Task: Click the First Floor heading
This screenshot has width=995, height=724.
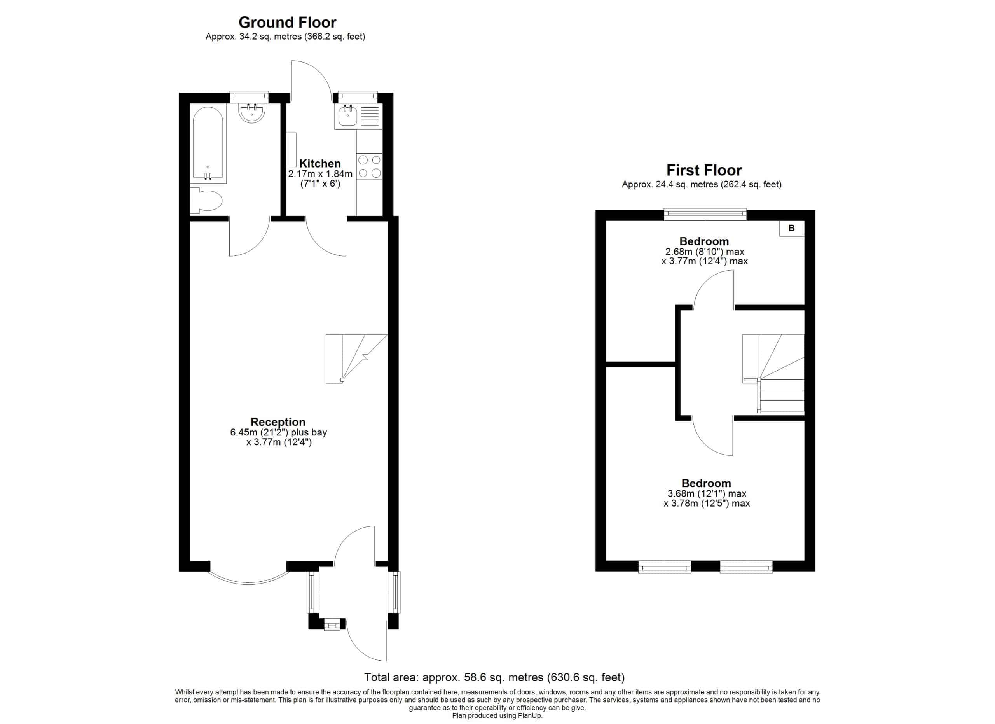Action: (x=704, y=170)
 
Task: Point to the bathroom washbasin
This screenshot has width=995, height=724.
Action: (x=252, y=112)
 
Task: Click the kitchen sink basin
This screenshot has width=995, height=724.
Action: (x=348, y=115)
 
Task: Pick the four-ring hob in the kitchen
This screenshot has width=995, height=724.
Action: (x=369, y=167)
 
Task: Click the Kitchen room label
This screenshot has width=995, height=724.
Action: (x=320, y=163)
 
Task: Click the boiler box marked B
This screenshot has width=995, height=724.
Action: (x=791, y=228)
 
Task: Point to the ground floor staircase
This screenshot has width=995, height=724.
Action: (x=357, y=359)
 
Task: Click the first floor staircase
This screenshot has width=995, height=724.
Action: (x=773, y=373)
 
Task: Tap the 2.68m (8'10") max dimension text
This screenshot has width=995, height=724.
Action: (x=705, y=252)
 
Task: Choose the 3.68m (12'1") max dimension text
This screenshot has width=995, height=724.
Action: (x=706, y=494)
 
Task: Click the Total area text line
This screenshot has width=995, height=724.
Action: (x=494, y=677)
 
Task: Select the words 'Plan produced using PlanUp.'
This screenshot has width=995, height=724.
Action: (x=497, y=716)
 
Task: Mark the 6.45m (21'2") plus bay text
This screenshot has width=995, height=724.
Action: (x=279, y=432)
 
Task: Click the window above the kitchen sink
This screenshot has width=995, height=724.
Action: (x=358, y=95)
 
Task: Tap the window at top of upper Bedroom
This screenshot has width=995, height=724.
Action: (x=705, y=214)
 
